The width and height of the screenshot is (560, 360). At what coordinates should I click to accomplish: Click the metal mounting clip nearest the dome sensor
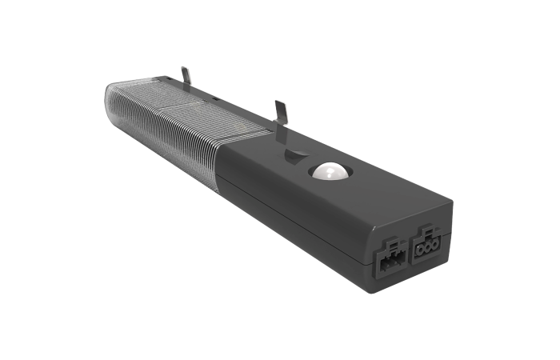click(x=281, y=113)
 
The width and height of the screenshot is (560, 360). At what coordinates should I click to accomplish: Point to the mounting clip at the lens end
click(x=186, y=77)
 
